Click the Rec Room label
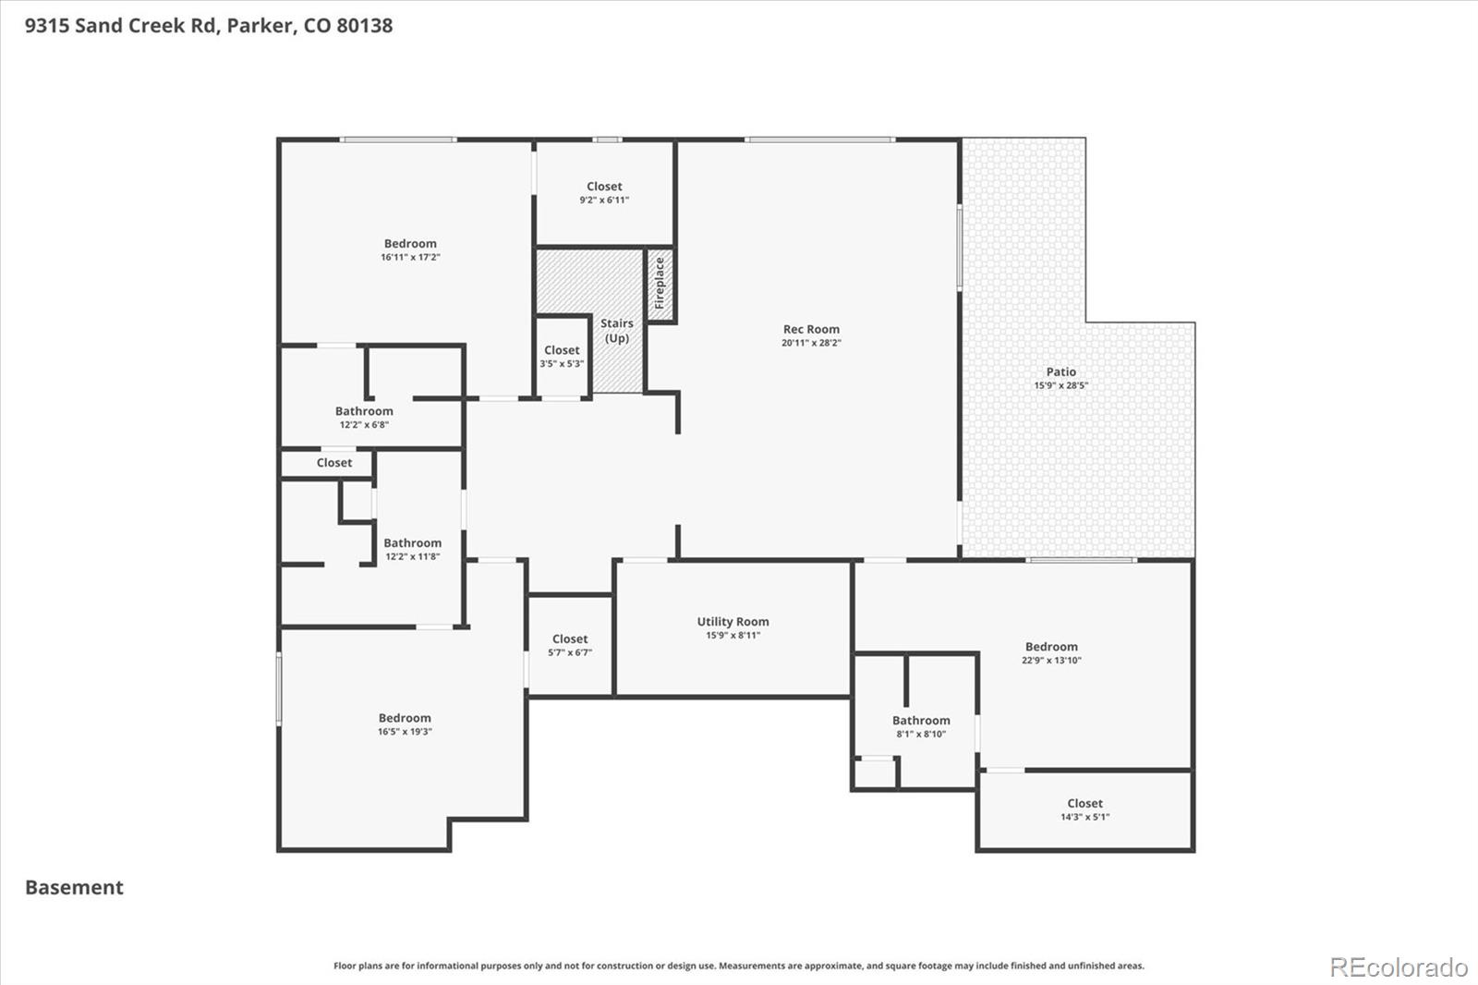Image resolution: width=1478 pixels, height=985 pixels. point(811,329)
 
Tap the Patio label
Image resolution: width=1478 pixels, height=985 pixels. point(1060,371)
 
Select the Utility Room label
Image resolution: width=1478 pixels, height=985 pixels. point(733,621)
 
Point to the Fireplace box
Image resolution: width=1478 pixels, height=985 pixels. point(660,284)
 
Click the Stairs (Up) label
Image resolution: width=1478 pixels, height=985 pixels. point(617,331)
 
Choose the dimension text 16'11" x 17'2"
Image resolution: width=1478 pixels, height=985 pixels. point(410,258)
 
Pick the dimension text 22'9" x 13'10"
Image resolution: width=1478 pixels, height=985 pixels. point(1052,660)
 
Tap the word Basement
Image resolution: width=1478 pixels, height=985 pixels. point(74,887)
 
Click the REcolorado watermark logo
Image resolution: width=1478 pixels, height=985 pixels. point(1399,967)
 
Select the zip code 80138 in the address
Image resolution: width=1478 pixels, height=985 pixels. point(364,25)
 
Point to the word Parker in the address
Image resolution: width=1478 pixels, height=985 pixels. point(260,25)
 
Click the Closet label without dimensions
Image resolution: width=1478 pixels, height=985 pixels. point(333,463)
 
